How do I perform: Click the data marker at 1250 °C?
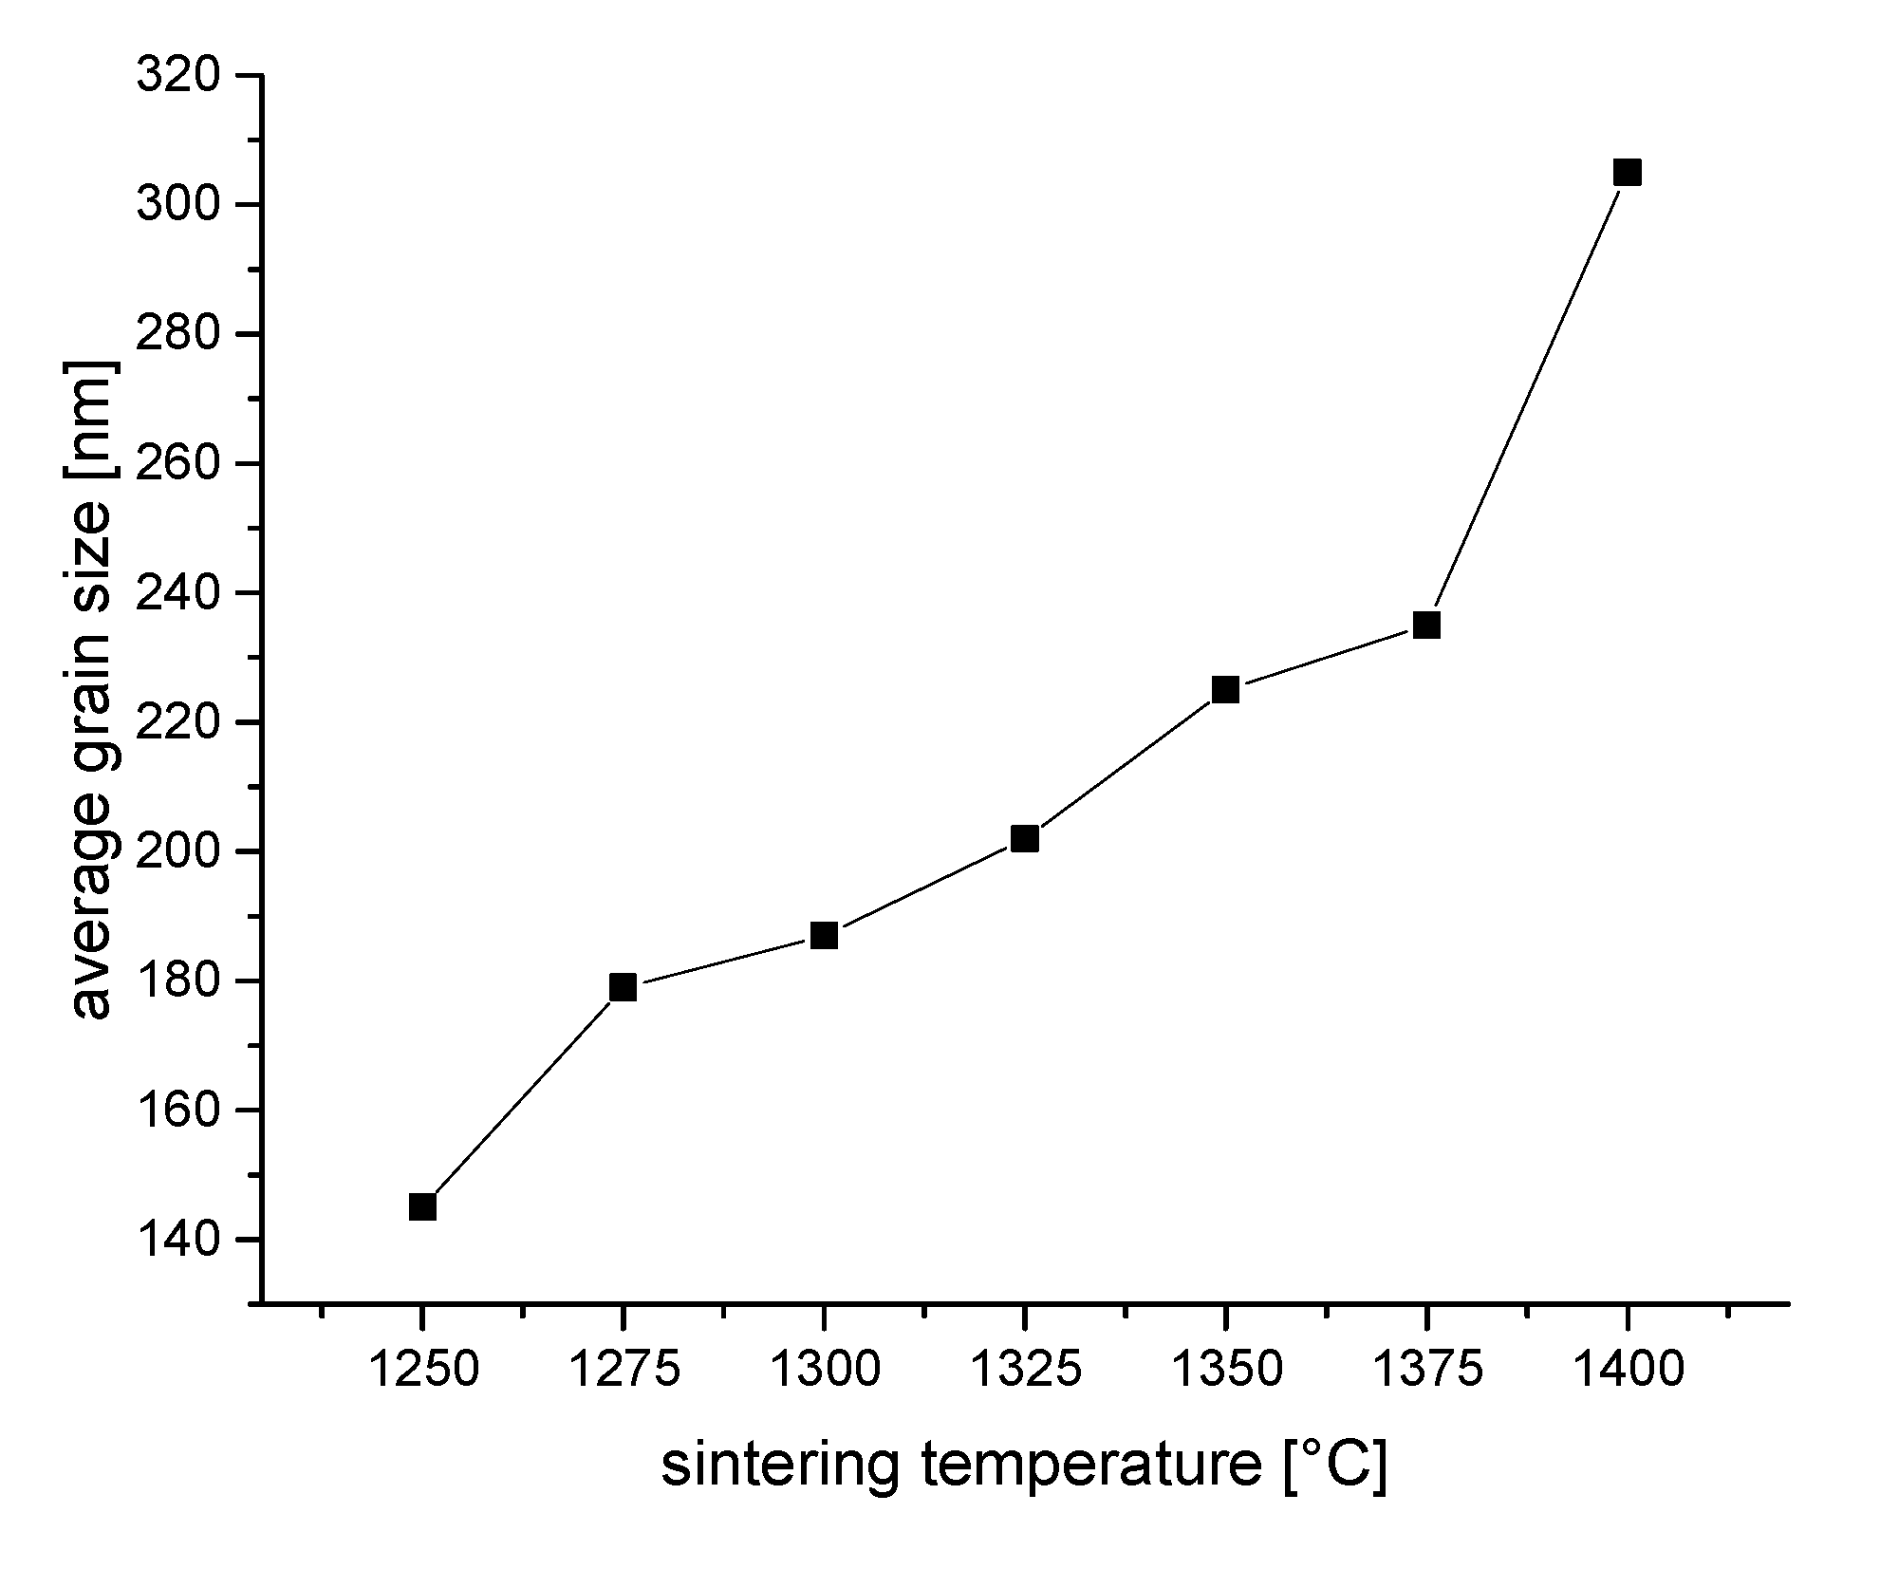click(x=422, y=1207)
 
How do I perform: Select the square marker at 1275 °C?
click(x=623, y=987)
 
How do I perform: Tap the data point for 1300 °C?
click(x=824, y=936)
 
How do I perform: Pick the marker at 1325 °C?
click(x=1025, y=838)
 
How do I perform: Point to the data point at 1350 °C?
click(x=1225, y=690)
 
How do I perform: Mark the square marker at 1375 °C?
click(x=1426, y=626)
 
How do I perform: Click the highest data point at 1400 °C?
click(x=1628, y=173)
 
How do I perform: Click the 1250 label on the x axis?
click(x=422, y=1370)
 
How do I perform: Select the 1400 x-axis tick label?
click(x=1628, y=1370)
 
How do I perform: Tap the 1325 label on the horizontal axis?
click(x=1025, y=1370)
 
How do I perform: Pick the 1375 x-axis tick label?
click(x=1426, y=1370)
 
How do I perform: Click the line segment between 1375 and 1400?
click(x=1527, y=399)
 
